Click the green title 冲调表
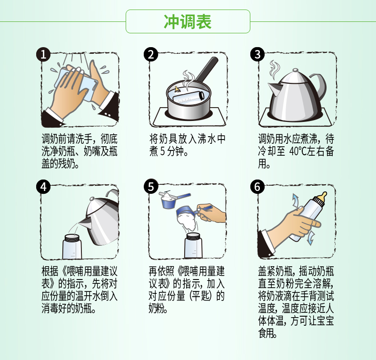click(x=188, y=21)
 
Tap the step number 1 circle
click(x=43, y=54)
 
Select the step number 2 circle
click(x=151, y=54)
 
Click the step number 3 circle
click(x=257, y=54)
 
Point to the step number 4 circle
click(x=43, y=187)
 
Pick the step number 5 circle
click(x=151, y=187)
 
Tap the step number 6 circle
click(x=257, y=187)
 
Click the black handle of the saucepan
click(x=206, y=70)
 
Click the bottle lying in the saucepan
click(x=188, y=97)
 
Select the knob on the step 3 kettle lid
click(x=296, y=70)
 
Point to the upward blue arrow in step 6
click(x=296, y=201)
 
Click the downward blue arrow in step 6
click(x=310, y=238)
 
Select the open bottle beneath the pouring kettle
click(x=72, y=247)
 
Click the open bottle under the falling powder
click(x=193, y=245)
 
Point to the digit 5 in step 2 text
click(x=162, y=151)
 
